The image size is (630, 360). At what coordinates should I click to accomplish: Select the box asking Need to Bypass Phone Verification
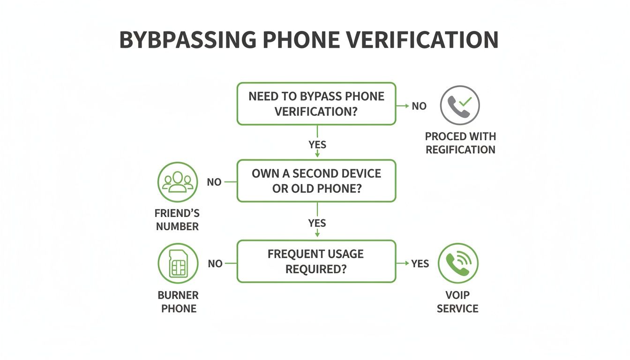(x=316, y=104)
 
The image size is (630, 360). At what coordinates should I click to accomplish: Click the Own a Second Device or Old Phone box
(x=316, y=181)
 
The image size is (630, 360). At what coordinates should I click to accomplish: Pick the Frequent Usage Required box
(x=316, y=262)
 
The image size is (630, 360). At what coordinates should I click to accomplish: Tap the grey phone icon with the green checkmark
(x=460, y=105)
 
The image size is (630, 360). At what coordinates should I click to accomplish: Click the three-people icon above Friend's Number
(x=177, y=182)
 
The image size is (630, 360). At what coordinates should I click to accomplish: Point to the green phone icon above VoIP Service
(x=458, y=263)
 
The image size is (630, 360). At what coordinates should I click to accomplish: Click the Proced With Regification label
(x=460, y=143)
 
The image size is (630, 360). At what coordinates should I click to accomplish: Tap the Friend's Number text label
(x=177, y=220)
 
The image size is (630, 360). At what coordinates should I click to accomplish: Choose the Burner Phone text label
(x=179, y=302)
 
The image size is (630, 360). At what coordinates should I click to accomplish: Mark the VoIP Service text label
(x=457, y=302)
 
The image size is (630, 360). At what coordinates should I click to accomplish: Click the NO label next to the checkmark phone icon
(x=419, y=106)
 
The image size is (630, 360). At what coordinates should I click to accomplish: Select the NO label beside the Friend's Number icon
(x=214, y=182)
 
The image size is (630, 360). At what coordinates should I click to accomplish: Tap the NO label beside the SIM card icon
(x=215, y=264)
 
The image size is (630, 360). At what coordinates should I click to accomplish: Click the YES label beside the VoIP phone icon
(x=420, y=264)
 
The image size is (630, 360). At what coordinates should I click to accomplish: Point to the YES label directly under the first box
(x=317, y=144)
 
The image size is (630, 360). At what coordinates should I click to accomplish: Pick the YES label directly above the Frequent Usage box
(x=317, y=223)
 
